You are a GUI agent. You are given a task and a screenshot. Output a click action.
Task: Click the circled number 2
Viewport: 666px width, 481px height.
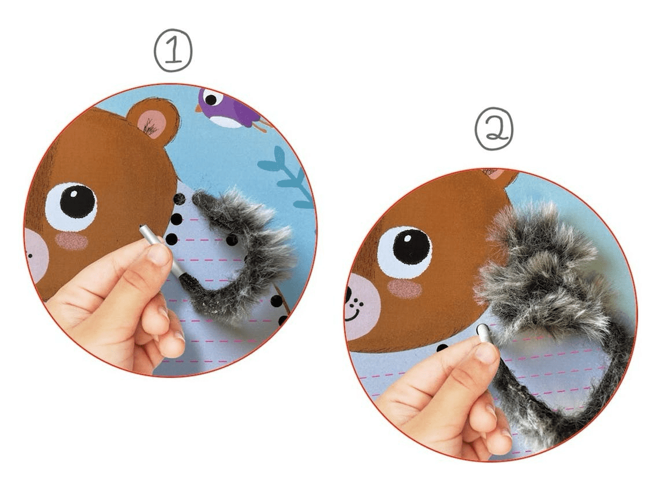(x=494, y=130)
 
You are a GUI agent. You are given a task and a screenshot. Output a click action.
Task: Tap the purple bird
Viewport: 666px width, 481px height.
(x=229, y=108)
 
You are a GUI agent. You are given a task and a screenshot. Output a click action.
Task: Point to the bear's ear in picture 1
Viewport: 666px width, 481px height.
(x=153, y=118)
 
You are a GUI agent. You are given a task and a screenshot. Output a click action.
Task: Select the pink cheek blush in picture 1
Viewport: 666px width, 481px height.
(x=71, y=241)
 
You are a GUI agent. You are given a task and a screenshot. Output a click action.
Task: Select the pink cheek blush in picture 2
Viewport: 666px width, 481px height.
(x=404, y=289)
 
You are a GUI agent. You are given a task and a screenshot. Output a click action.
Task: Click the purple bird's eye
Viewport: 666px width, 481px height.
(x=211, y=100)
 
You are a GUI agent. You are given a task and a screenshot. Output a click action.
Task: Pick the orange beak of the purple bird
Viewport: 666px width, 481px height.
(x=199, y=108)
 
